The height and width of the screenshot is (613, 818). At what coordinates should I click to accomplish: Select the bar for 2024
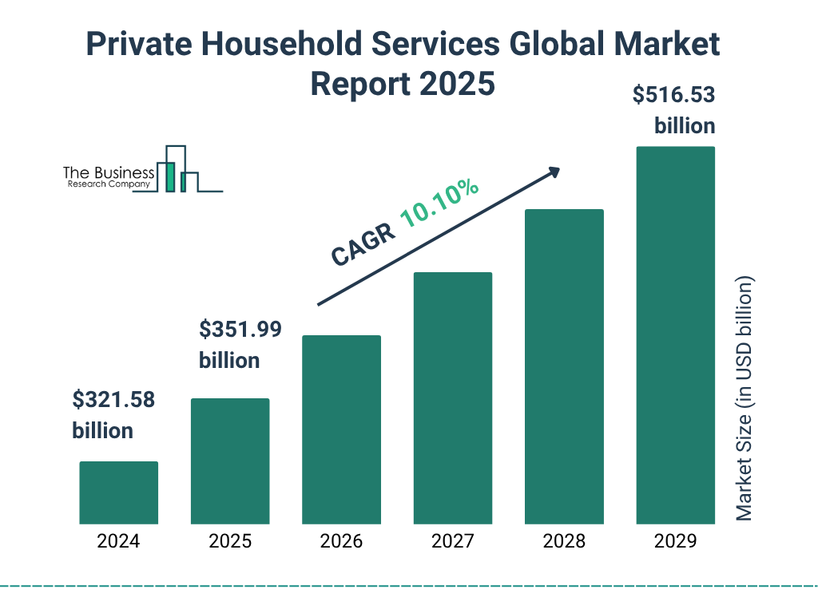tap(118, 492)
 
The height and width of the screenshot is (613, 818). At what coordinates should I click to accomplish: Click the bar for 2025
tap(230, 461)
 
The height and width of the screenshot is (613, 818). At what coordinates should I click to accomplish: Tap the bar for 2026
tap(341, 429)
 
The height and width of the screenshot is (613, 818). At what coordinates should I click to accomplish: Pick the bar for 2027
tap(452, 398)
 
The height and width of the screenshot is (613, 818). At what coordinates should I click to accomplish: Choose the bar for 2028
tap(564, 366)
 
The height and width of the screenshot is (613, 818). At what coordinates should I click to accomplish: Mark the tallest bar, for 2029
tap(675, 335)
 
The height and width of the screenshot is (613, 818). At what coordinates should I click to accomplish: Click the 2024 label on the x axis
tap(118, 541)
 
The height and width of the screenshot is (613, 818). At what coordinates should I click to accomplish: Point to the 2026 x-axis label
tap(341, 541)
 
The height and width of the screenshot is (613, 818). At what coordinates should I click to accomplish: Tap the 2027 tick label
tap(452, 541)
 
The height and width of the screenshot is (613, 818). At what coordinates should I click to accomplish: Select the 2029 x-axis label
tap(675, 541)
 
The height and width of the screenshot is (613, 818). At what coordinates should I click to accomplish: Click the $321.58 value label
tap(113, 400)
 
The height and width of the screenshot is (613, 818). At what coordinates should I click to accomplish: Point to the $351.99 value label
tap(240, 330)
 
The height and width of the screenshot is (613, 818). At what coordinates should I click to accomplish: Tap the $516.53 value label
tap(673, 96)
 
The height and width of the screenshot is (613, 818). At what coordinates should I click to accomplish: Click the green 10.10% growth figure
tap(440, 204)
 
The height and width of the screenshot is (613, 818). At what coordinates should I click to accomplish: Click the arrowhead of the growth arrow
tap(554, 172)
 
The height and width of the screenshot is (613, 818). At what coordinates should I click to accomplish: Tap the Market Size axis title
tap(745, 398)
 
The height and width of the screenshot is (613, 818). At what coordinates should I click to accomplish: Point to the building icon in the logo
tap(177, 169)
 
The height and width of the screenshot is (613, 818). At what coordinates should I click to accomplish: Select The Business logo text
tap(109, 172)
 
